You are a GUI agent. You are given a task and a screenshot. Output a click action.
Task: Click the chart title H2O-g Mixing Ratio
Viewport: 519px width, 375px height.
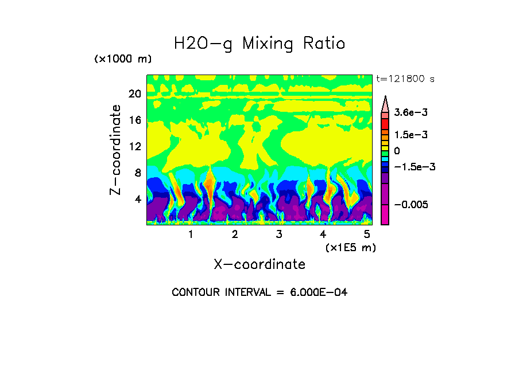click(259, 44)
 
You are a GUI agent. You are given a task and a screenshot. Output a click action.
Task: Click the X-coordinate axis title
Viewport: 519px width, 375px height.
click(259, 264)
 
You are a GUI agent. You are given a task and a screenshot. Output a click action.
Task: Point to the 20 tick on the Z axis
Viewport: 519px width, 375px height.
click(134, 94)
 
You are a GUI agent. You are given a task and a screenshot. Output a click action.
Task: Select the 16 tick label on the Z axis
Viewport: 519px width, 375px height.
click(134, 120)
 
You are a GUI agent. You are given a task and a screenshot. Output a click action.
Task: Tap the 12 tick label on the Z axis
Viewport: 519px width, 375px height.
click(134, 146)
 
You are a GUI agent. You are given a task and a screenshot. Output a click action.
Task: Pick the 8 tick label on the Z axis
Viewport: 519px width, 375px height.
click(137, 173)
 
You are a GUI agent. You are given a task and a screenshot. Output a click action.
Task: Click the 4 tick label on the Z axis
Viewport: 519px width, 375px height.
click(137, 199)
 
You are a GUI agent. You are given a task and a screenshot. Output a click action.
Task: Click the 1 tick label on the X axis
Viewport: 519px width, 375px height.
click(191, 235)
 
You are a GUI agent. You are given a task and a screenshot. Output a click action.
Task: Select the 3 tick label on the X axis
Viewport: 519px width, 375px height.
click(279, 235)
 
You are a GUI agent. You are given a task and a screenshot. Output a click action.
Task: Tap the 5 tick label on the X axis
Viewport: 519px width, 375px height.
click(367, 235)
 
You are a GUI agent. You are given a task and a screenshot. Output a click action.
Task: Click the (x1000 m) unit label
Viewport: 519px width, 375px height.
click(122, 60)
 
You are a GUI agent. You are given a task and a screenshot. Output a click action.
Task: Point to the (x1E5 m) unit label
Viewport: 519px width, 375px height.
click(350, 247)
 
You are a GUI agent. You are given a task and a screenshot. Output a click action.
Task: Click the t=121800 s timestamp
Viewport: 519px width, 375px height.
click(405, 79)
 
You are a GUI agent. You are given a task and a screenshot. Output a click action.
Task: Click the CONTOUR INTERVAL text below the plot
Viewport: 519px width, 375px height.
click(259, 292)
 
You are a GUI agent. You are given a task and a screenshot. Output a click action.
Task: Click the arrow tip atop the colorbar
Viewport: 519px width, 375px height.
click(385, 97)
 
